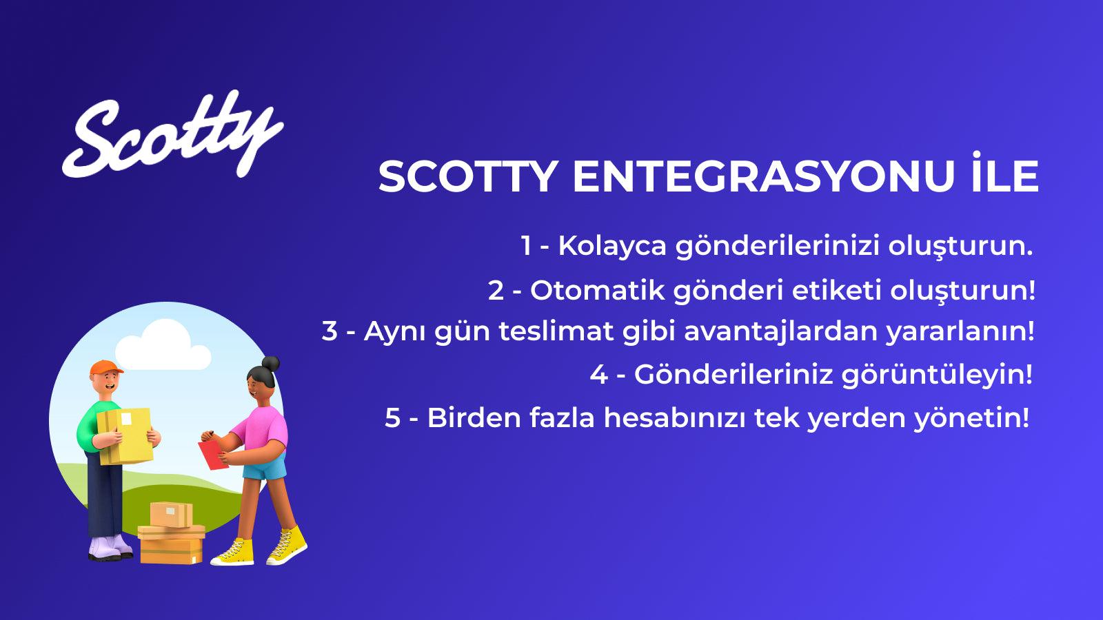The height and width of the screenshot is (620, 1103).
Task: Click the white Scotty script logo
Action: pyautogui.click(x=172, y=134)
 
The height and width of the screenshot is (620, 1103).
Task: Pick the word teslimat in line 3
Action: pyautogui.click(x=556, y=331)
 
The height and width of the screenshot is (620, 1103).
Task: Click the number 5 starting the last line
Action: pyautogui.click(x=392, y=417)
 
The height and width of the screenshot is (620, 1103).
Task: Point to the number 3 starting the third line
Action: pyautogui.click(x=330, y=331)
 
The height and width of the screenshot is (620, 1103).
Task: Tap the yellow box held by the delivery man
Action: pyautogui.click(x=125, y=434)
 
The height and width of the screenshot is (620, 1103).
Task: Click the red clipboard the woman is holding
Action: pyautogui.click(x=213, y=455)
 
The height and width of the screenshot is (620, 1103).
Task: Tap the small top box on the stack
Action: pyautogui.click(x=171, y=513)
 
